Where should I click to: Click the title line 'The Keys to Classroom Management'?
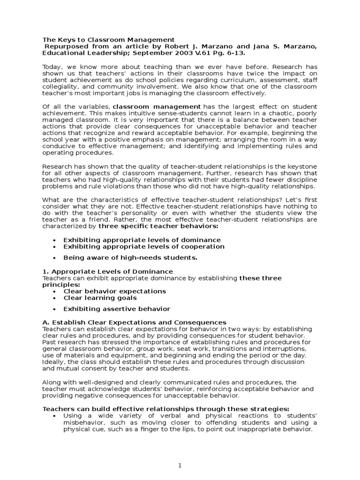pyautogui.click(x=108, y=40)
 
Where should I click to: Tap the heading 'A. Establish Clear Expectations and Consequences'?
pyautogui.click(x=135, y=322)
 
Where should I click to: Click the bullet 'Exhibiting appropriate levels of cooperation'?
pyautogui.click(x=144, y=247)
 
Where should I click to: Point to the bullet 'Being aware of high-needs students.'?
pyautogui.click(x=130, y=257)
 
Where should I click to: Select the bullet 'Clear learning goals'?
pyautogui.click(x=100, y=298)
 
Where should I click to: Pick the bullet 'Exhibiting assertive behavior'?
pyautogui.click(x=117, y=308)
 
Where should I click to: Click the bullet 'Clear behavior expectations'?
pyautogui.click(x=115, y=291)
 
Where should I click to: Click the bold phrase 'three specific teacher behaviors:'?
pyautogui.click(x=158, y=226)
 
